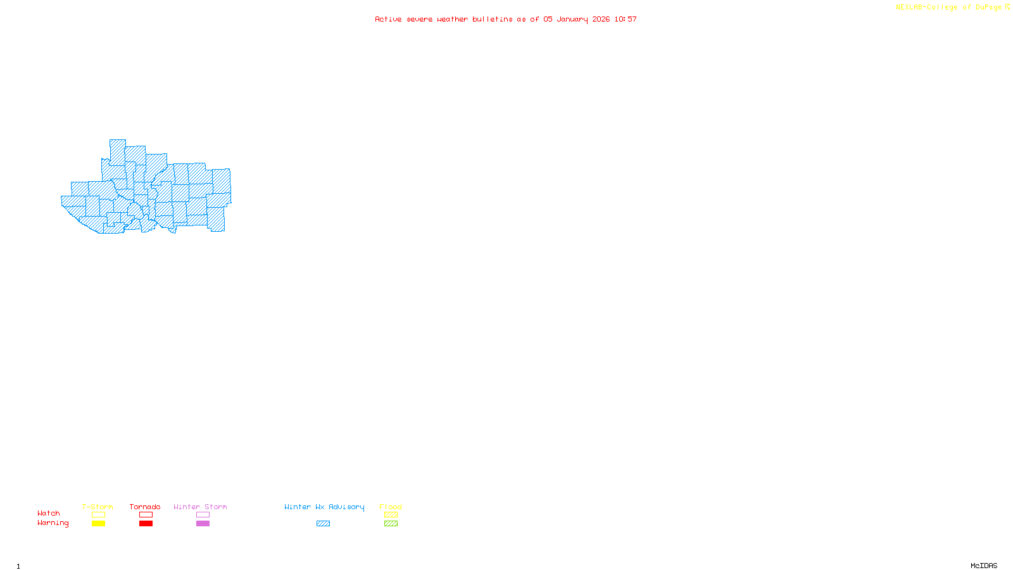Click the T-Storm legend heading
coord(98,507)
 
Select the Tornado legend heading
coord(145,507)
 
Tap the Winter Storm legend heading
coord(200,507)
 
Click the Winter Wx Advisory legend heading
coord(324,507)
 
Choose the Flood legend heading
coord(391,507)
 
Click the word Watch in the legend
coord(49,513)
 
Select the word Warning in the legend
coord(53,523)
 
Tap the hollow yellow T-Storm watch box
coord(98,515)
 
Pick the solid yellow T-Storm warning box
coord(98,524)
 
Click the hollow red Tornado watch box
coord(146,515)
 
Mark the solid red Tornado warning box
coord(146,524)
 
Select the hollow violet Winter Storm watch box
coord(203,515)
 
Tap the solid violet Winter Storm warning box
coord(203,524)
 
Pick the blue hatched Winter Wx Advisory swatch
coord(323,524)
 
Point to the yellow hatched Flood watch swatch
coord(391,515)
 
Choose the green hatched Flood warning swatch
coord(391,524)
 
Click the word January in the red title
coord(572,19)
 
